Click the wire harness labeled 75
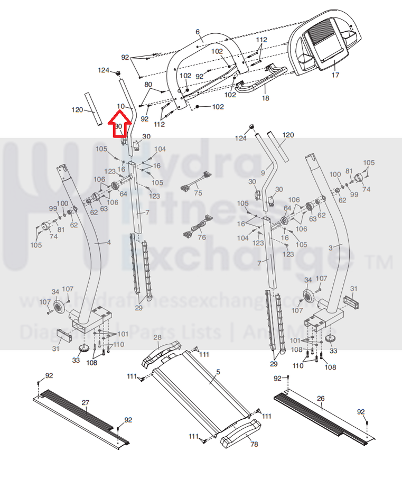point(194,183)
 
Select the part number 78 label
point(254,444)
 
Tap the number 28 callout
point(157,337)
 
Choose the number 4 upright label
point(109,242)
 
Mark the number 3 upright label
point(331,247)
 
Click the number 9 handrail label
point(263,173)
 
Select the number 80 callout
point(148,85)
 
